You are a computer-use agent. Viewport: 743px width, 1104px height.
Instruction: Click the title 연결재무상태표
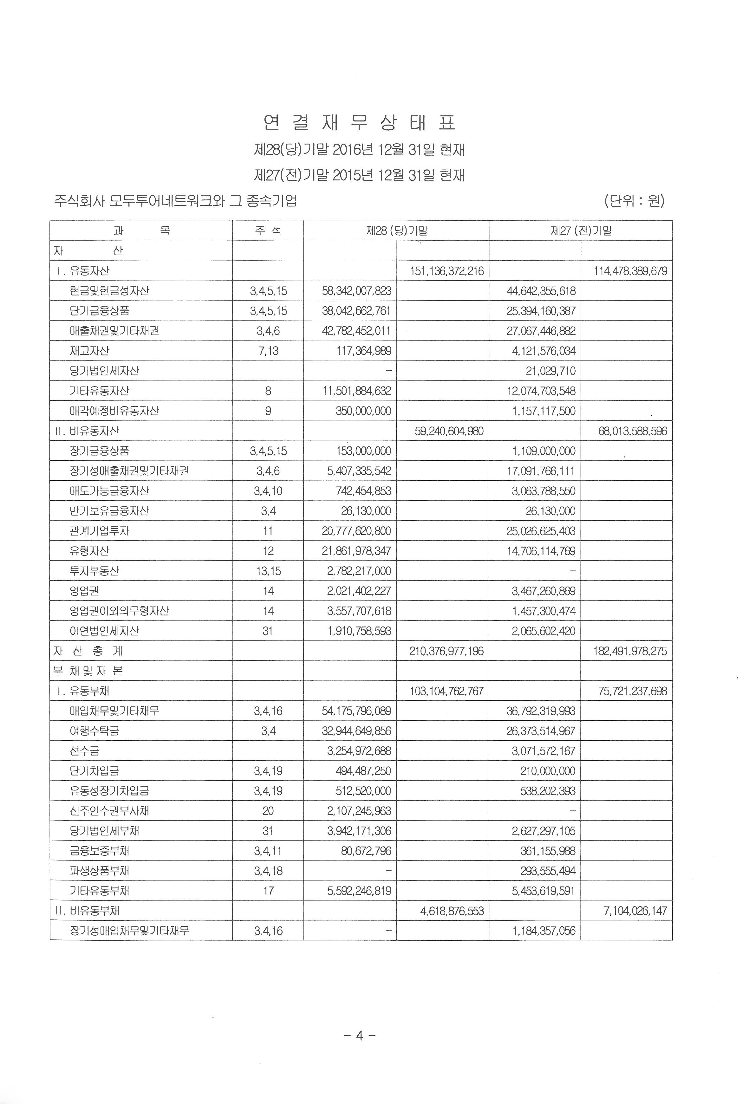click(359, 123)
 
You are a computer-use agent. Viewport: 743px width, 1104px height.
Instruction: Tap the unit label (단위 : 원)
click(634, 201)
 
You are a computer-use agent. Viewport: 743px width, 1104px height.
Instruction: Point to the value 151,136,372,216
click(447, 271)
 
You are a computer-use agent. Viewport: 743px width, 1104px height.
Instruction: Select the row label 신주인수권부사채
click(109, 811)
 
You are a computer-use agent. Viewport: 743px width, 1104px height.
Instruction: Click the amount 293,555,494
click(547, 871)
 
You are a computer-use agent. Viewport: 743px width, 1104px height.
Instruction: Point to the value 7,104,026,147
click(635, 911)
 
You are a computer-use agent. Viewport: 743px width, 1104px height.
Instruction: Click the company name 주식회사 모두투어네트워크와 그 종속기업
click(176, 201)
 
